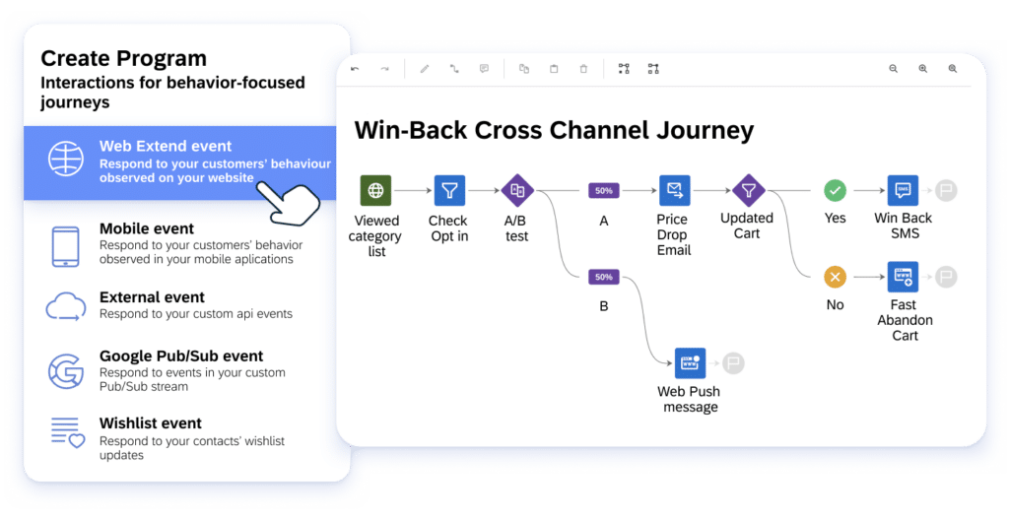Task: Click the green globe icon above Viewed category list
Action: click(375, 190)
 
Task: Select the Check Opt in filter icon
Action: click(449, 190)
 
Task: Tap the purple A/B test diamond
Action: click(516, 190)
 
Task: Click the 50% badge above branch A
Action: click(603, 190)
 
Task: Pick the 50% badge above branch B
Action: click(603, 278)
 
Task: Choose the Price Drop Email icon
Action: click(674, 190)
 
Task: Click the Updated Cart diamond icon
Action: click(748, 189)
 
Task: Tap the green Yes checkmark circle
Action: click(835, 190)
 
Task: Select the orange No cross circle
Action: click(835, 277)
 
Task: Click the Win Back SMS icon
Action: click(903, 190)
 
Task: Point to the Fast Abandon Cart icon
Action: click(903, 277)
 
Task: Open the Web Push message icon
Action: click(690, 362)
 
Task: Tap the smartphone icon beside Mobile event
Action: click(65, 245)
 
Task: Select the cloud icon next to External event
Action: click(65, 306)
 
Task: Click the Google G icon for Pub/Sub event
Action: click(66, 370)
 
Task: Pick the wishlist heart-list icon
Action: click(67, 432)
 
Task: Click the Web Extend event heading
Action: click(166, 147)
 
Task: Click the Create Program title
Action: click(123, 59)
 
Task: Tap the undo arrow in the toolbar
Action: click(355, 69)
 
